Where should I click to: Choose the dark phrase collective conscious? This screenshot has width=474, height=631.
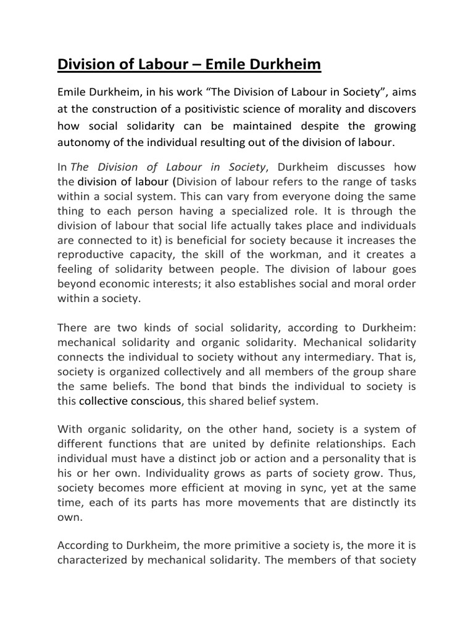click(x=130, y=401)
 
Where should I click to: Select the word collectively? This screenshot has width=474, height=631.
click(x=201, y=371)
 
